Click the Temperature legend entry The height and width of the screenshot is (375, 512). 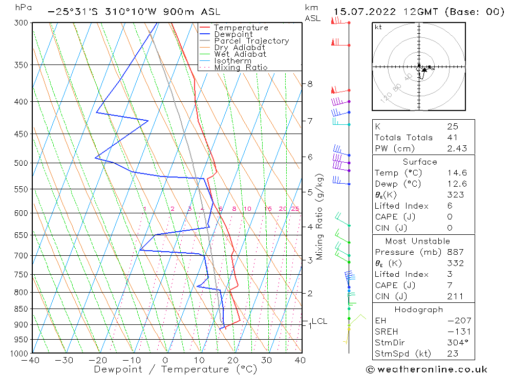coord(241,28)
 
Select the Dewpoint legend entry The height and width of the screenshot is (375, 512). coord(233,34)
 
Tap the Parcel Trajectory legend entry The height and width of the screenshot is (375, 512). coord(251,41)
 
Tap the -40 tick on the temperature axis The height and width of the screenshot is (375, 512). coord(32,360)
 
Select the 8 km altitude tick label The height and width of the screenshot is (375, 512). coord(310,83)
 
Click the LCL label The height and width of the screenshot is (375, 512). coord(319,321)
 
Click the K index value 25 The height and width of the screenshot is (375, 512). coord(452,126)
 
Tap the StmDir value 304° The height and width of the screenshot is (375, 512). coord(454,343)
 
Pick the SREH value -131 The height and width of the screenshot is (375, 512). coord(454,332)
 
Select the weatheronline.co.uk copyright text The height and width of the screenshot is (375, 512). coord(426,369)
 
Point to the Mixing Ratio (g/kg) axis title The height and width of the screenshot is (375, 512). coord(320,216)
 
